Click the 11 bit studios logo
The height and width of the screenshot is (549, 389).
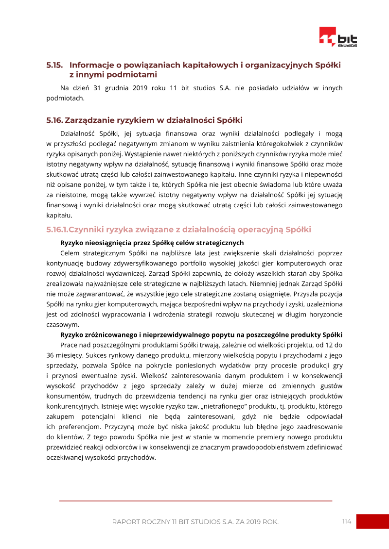click(x=338, y=37)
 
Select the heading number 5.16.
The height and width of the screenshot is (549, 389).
click(x=54, y=120)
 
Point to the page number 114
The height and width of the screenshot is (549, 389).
click(x=346, y=521)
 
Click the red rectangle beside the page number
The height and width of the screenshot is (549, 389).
click(x=372, y=521)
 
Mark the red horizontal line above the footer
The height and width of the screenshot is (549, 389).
click(x=195, y=500)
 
